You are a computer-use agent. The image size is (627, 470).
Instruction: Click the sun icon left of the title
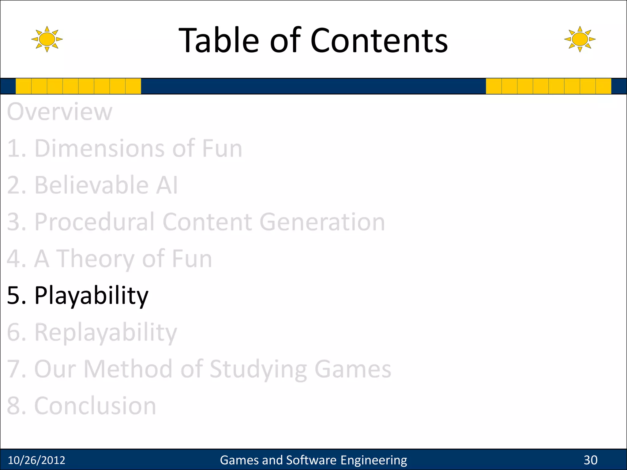pos(47,39)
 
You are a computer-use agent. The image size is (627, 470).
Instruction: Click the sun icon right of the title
pos(580,39)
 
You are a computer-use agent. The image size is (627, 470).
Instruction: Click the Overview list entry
pos(60,112)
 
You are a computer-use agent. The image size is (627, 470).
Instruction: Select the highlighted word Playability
pos(91,296)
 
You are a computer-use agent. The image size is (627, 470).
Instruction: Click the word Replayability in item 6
pos(106,333)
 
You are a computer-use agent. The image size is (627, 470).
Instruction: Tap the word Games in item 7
pos(353,369)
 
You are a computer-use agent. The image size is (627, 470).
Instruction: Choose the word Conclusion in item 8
pos(95,406)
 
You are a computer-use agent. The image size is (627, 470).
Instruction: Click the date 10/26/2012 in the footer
pos(36,460)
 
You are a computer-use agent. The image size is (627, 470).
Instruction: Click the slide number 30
pos(591,460)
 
